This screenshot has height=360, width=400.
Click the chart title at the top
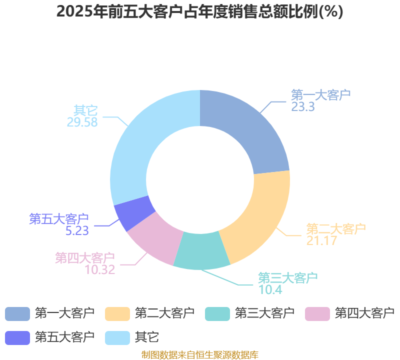click(x=199, y=12)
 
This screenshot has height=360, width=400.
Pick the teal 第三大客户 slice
click(x=202, y=251)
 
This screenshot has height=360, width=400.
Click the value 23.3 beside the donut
click(x=303, y=107)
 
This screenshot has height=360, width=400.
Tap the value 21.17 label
click(x=321, y=240)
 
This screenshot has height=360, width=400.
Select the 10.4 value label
click(x=270, y=290)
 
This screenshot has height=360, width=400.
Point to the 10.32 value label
click(x=99, y=270)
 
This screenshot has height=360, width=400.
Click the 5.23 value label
click(x=77, y=231)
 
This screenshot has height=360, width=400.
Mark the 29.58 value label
click(x=82, y=122)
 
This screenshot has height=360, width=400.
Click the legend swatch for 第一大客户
click(x=17, y=314)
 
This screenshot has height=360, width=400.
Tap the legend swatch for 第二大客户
click(x=117, y=314)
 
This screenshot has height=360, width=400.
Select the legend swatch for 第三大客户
click(x=217, y=314)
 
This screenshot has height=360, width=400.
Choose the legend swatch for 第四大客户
click(x=317, y=314)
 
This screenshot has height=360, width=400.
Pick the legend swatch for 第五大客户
click(x=17, y=338)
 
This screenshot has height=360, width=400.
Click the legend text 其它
click(x=147, y=337)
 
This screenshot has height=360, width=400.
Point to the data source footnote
click(x=200, y=355)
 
